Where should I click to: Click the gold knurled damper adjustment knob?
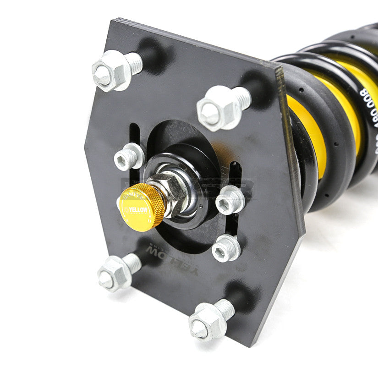141,206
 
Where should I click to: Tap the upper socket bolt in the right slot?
230,200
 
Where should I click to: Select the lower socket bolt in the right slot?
226,248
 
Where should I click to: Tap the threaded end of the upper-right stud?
241,98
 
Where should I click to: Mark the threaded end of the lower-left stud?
132,262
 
